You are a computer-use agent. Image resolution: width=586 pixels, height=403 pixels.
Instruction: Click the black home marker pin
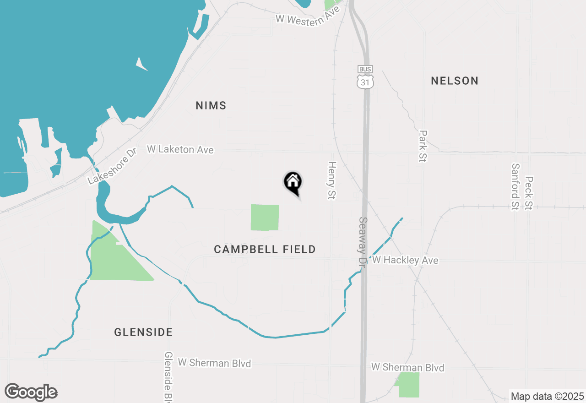[293, 183]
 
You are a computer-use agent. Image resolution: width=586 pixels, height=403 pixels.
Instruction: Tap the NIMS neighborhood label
[211, 106]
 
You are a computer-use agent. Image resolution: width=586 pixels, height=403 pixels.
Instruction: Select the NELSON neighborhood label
[455, 81]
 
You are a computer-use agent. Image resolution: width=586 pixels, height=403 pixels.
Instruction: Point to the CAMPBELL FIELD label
[265, 250]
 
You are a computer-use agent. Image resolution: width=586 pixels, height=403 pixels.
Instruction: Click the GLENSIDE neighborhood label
[143, 332]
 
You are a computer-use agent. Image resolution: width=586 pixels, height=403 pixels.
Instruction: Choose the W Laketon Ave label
[180, 149]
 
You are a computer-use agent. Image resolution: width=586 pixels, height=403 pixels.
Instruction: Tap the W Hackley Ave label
[405, 260]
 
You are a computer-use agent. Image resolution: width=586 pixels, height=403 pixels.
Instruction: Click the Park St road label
[423, 146]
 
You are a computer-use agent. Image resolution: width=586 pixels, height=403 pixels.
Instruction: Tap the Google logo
[31, 392]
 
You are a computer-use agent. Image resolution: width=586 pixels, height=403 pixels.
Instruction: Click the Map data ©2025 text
[547, 396]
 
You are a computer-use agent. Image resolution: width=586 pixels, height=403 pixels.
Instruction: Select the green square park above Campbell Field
[265, 218]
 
